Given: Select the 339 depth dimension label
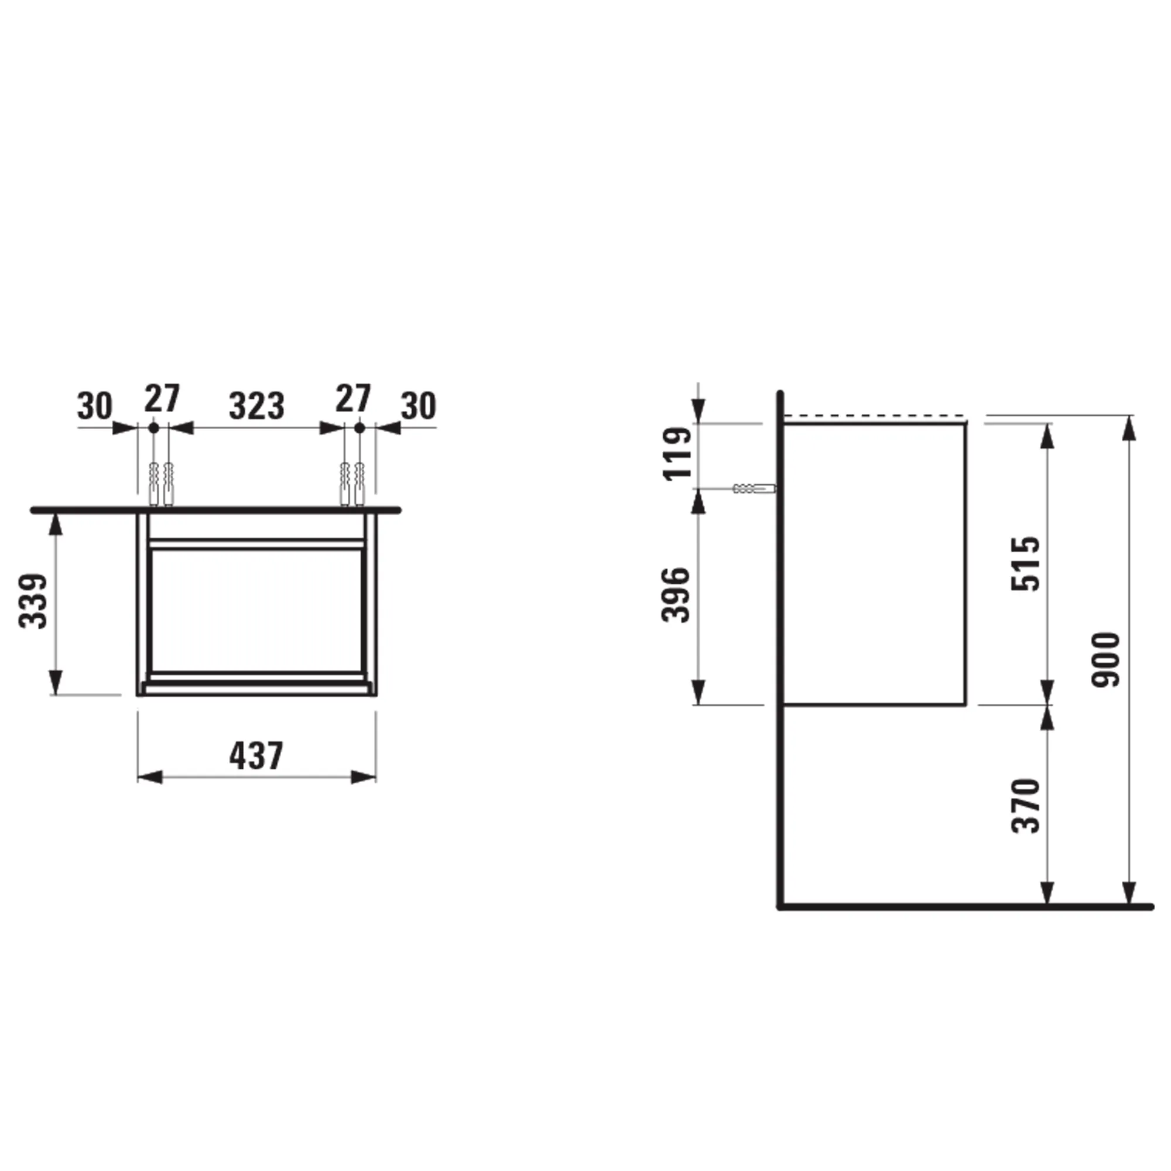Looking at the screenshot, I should pos(33,601).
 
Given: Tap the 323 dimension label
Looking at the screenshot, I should pos(256,406).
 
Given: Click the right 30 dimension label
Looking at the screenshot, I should pos(418,406).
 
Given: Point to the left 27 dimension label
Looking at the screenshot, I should pos(162,398).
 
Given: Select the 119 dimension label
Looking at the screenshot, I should pos(677,453).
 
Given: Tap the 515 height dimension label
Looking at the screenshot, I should pos(1026,563).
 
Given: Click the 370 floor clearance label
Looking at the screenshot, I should pos(1026,806).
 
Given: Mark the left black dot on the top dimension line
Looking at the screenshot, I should pos(154,428).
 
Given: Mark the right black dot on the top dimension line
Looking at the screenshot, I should pos(359,428).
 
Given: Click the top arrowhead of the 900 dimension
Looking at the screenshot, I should pos(1128,427).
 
